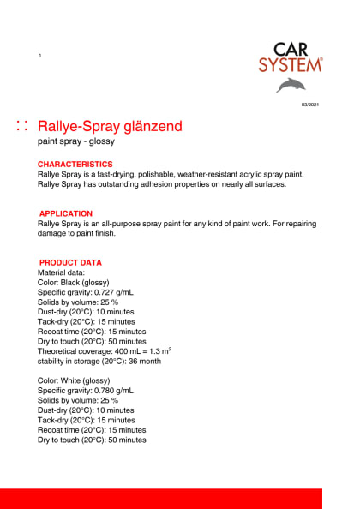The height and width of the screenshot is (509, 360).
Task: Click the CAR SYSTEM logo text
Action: click(291, 57)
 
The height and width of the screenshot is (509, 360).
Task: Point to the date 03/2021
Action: click(309, 104)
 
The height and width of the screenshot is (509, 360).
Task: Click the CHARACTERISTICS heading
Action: click(75, 164)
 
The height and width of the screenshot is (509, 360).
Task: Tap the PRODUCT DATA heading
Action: click(70, 262)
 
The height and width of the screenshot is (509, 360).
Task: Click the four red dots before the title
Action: click(23, 127)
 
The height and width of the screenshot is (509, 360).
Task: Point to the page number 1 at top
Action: click(40, 56)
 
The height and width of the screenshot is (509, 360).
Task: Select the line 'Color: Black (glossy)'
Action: click(74, 282)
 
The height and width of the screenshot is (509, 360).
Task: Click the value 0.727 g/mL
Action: click(113, 292)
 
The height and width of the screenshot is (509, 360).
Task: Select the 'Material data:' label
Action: click(61, 272)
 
